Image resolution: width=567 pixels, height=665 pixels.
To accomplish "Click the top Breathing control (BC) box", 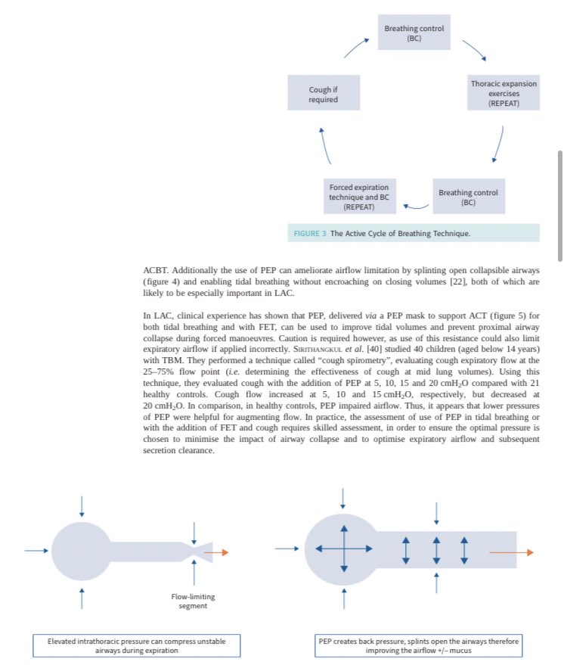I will point(414,33).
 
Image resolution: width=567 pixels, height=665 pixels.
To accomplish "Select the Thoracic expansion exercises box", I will point(503,93).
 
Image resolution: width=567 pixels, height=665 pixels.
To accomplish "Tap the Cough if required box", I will point(323,95).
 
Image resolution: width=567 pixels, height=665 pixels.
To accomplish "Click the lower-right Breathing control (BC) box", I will point(468,197).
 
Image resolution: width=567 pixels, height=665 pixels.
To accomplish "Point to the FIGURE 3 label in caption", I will point(310,233).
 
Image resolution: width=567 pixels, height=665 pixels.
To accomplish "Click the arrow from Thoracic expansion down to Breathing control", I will point(498,144).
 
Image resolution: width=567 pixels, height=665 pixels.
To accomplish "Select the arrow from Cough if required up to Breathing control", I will point(356,47).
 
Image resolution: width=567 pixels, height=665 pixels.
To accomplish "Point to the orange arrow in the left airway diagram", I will point(218,552).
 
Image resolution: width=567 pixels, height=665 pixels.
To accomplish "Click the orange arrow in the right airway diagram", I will point(510,552).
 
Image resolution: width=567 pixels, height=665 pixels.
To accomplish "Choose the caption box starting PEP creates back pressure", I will point(418,645).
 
